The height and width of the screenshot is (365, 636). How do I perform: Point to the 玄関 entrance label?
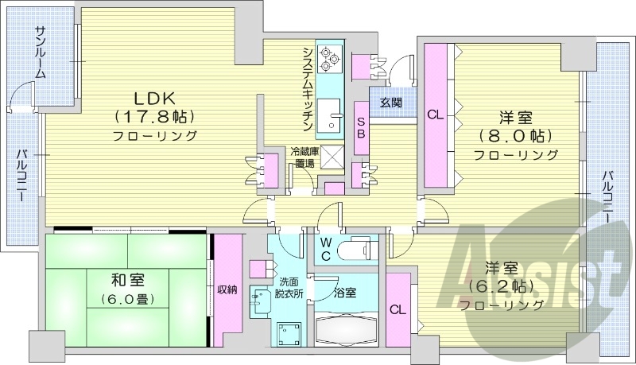[x=390, y=102]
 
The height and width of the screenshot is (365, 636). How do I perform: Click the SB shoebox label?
[x=360, y=127]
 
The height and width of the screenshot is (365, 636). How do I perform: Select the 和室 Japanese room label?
[x=126, y=279]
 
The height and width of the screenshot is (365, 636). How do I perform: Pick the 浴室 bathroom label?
[x=345, y=293]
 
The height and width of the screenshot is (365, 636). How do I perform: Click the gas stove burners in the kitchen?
[x=328, y=56]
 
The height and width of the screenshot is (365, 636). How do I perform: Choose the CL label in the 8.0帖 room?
[x=435, y=115]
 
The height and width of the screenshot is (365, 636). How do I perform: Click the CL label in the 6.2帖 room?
[x=397, y=310]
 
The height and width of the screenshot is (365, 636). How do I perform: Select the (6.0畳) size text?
[x=126, y=300]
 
